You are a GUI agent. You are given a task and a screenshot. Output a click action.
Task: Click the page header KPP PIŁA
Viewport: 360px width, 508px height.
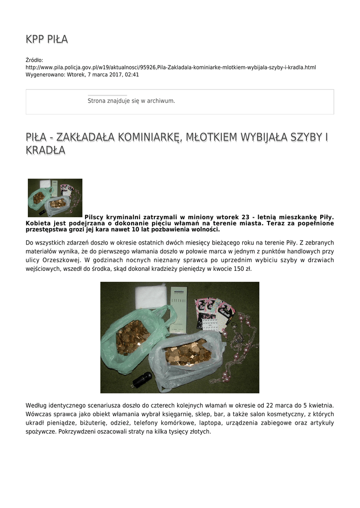click(x=47, y=39)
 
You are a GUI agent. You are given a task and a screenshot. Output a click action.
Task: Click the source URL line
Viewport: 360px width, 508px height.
click(x=170, y=67)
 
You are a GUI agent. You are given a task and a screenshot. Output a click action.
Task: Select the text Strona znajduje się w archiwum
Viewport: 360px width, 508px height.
click(x=131, y=101)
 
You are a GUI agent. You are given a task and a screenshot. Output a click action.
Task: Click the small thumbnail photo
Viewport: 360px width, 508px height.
click(x=55, y=197)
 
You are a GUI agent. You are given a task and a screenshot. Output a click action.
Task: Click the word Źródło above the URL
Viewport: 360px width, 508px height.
click(x=34, y=60)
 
